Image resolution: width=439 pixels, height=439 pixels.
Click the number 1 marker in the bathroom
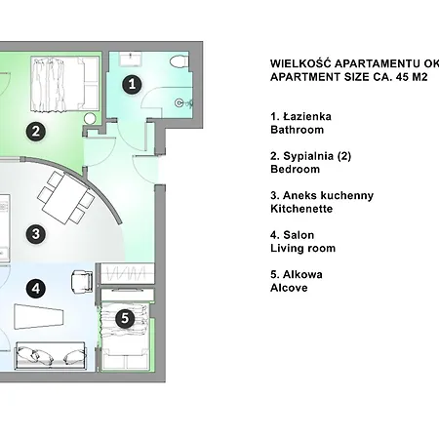133,85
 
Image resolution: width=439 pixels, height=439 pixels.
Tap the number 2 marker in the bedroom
34,131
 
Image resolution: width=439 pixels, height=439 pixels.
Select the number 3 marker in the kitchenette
34,234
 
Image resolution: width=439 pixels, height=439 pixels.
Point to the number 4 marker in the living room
34,288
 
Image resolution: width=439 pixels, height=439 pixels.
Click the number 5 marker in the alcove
124,318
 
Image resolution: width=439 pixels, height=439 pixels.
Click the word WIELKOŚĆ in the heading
299,61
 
